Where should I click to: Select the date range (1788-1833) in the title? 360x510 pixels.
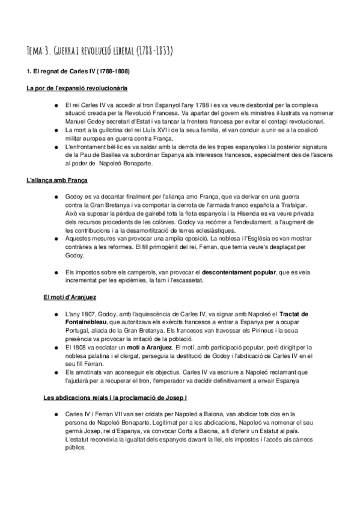151,51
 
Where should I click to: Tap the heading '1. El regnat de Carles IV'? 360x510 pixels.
82,73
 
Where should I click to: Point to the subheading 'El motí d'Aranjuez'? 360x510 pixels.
70,297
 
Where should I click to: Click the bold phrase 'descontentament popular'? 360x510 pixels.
239,272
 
